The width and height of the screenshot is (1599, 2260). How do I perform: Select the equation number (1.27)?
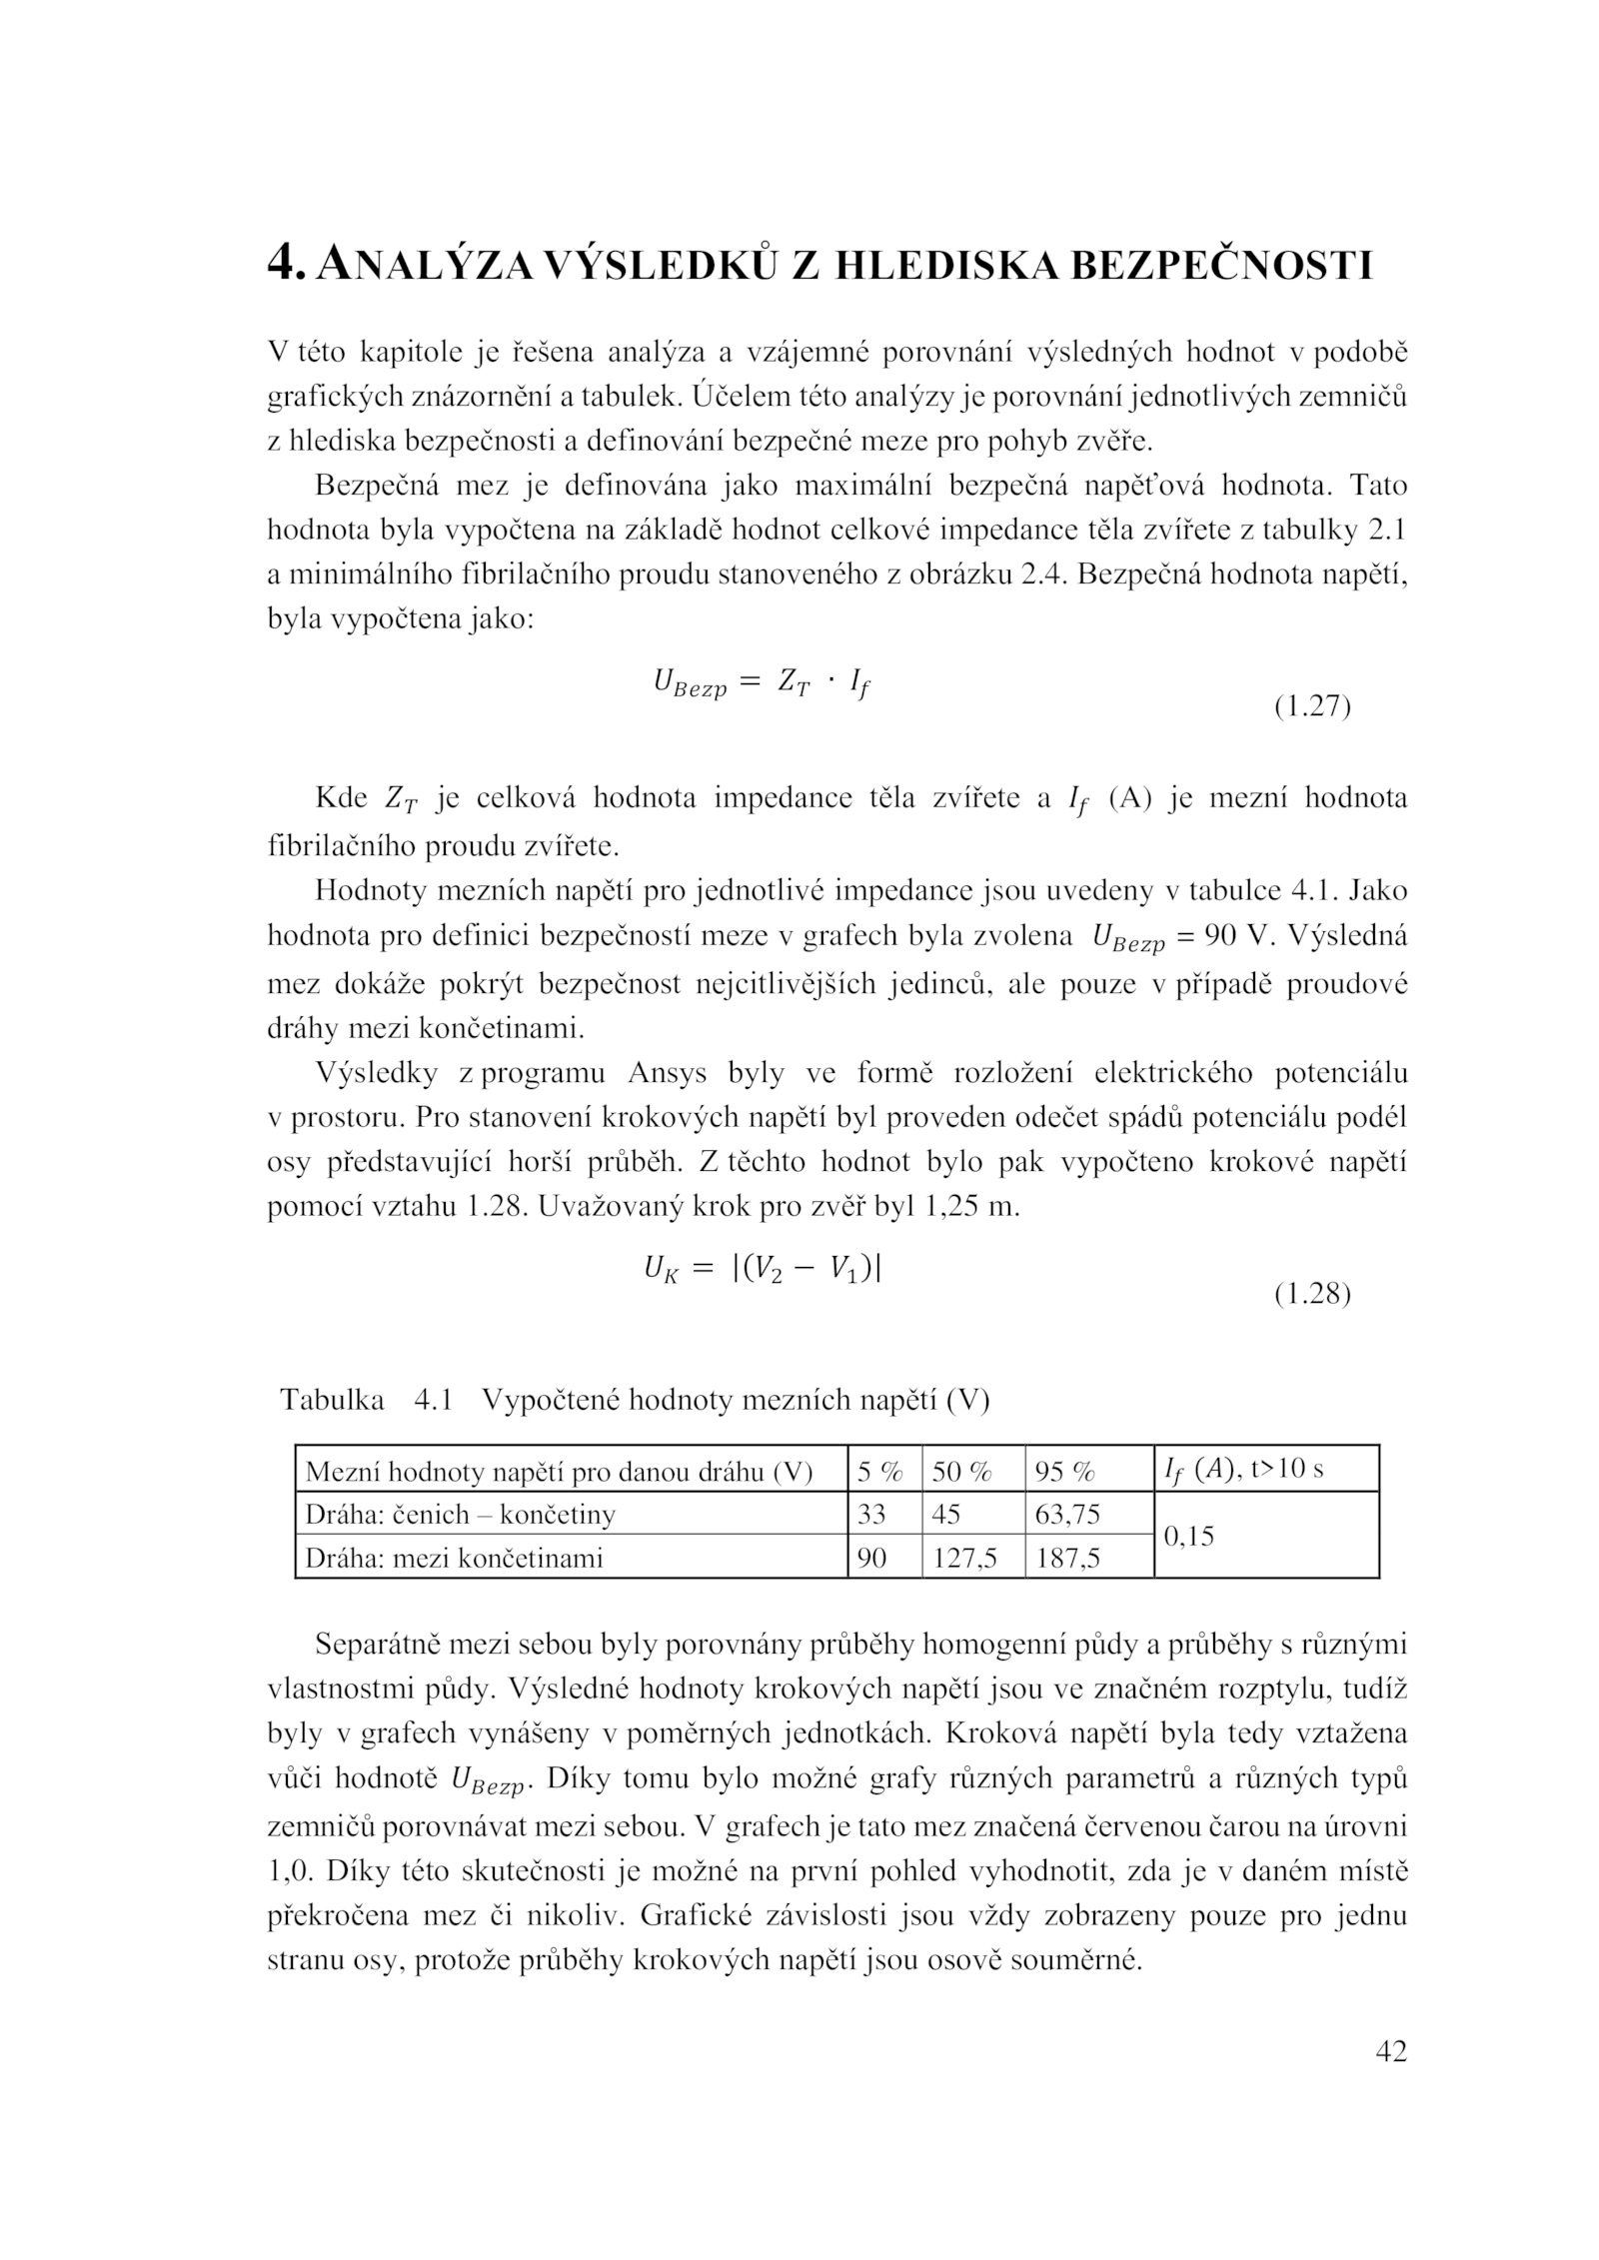coord(1312,707)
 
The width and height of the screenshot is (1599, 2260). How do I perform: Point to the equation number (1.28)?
coord(1312,1295)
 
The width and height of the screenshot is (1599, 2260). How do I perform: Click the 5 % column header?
coord(879,1472)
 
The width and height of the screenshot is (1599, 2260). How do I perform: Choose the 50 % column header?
coord(961,1472)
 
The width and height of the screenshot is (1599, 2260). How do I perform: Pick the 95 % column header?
coord(1065,1472)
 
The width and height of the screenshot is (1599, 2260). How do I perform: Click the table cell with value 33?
coord(871,1515)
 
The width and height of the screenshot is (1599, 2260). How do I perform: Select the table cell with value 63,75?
coord(1067,1515)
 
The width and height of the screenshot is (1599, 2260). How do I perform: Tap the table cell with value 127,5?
coord(964,1558)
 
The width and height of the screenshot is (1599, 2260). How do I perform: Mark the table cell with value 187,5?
coord(1067,1558)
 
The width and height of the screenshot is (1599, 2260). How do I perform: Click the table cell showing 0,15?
coord(1189,1537)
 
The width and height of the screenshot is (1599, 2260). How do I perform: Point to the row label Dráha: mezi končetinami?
coord(454,1558)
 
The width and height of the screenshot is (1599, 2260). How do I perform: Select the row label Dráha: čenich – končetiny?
coord(460,1515)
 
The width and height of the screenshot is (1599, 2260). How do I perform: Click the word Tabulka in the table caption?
coord(332,1400)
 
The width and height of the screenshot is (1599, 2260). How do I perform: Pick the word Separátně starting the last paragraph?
coord(382,1645)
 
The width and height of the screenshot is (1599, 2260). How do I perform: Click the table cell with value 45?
coord(946,1515)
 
